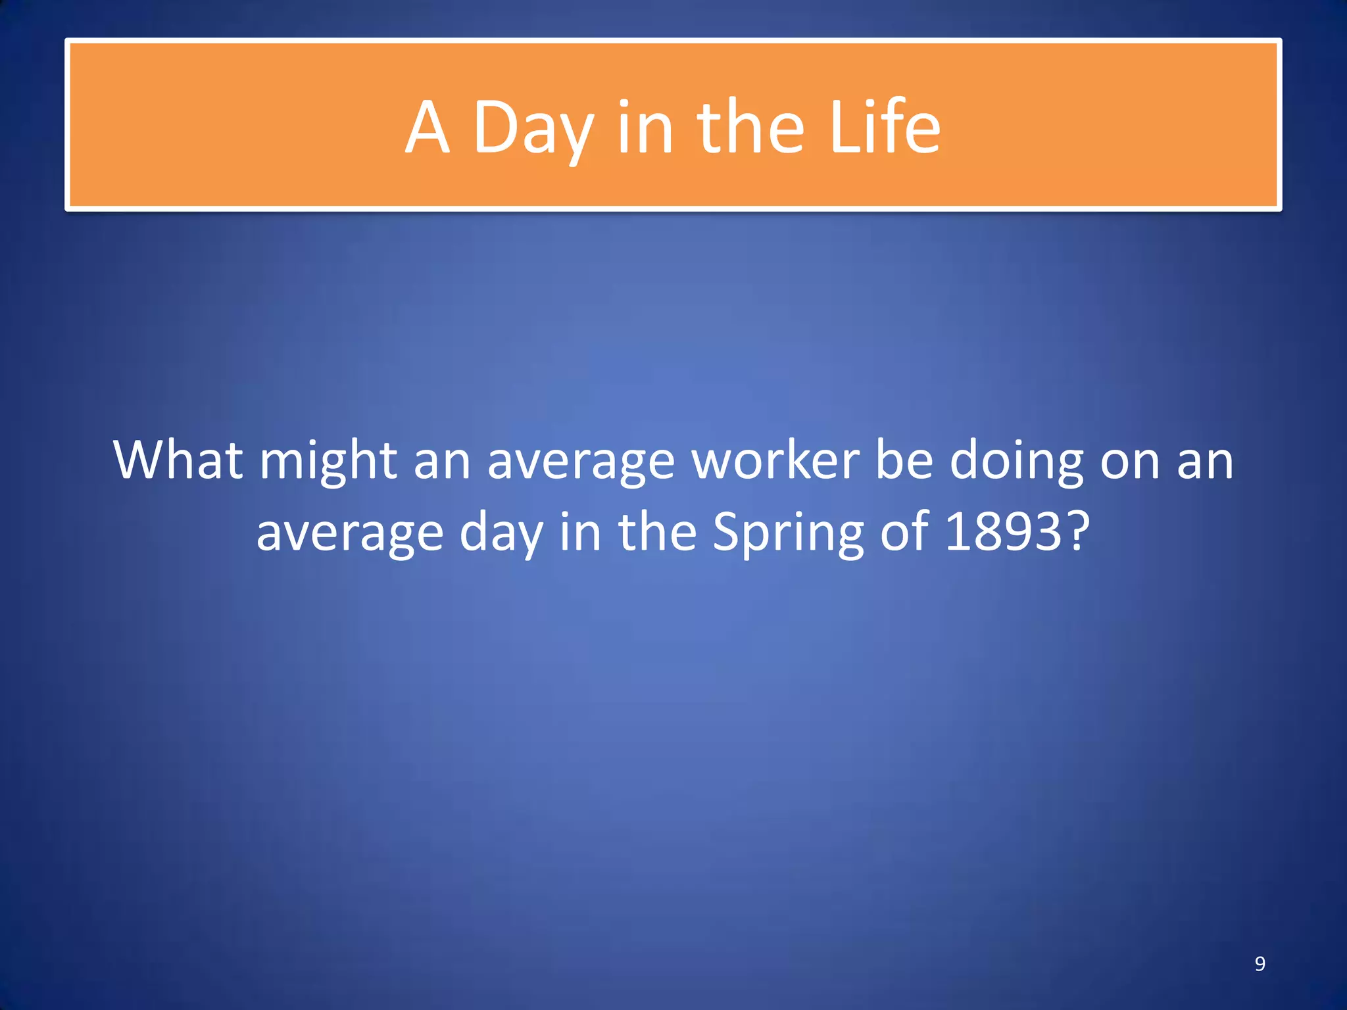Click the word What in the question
178,460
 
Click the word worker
775,460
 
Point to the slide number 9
1260,963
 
